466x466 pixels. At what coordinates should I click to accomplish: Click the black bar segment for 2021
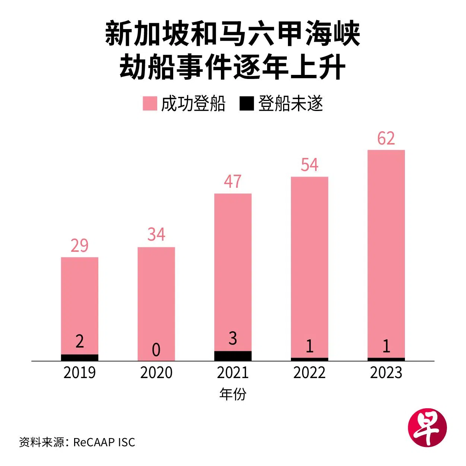pos(233,356)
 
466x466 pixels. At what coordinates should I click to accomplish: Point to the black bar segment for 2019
pos(79,358)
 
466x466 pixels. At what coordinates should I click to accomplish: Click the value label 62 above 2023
pos(386,139)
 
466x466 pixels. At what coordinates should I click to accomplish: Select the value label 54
pos(310,165)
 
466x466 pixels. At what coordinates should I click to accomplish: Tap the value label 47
pos(233,182)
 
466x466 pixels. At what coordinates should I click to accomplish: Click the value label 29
pos(79,245)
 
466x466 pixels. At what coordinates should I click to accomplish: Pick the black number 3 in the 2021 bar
pos(233,339)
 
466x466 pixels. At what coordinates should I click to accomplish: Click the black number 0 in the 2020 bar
pos(156,350)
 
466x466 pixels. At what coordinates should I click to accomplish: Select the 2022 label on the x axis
pos(310,373)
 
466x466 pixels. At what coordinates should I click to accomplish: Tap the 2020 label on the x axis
pos(156,373)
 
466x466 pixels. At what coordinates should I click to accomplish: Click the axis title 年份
pos(233,394)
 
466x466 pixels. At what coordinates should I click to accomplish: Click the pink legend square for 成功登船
pos(150,104)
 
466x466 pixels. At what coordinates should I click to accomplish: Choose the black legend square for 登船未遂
pos(246,104)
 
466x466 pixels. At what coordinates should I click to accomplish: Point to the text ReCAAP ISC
pos(104,442)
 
